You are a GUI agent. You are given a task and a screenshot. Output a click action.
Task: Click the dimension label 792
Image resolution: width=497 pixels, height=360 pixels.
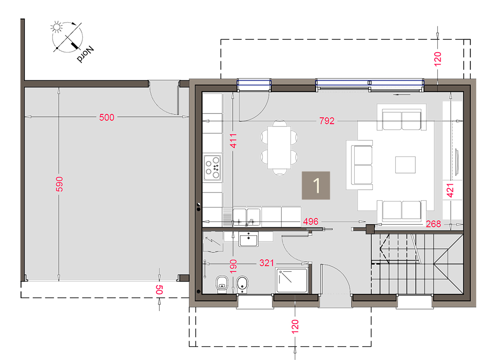[327, 120]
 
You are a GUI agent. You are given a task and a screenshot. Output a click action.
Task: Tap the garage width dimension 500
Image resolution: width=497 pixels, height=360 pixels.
[107, 118]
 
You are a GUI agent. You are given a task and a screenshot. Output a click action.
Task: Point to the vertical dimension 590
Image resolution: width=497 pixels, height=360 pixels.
[59, 184]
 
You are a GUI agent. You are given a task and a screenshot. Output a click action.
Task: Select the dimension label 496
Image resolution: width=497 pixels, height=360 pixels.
[310, 222]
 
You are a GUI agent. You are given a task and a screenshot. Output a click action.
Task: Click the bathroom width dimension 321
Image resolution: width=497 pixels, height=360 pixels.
[267, 263]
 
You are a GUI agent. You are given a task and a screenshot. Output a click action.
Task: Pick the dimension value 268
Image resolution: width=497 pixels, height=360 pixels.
[433, 224]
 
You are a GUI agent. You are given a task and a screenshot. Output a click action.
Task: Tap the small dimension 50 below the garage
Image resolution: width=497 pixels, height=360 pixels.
[159, 290]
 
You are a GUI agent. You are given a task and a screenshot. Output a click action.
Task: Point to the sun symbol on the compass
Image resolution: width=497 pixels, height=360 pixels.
[56, 27]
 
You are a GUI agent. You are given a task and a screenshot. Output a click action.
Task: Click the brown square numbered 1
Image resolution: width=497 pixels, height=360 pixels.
[315, 186]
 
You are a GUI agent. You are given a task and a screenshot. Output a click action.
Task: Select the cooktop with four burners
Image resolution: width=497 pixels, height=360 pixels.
[212, 168]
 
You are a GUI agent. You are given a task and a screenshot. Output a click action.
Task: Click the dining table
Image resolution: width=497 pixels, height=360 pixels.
[279, 148]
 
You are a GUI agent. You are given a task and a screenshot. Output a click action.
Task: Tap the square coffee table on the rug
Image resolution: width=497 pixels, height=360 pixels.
[406, 165]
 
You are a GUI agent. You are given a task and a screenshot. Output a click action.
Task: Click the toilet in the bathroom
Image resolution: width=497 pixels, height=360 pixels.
[222, 283]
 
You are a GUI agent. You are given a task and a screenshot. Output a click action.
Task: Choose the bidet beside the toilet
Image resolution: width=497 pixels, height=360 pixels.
[242, 284]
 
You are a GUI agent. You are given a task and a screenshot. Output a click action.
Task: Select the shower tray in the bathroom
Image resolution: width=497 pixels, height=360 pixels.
[292, 280]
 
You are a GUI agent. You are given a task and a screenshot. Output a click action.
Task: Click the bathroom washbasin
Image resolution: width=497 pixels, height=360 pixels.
[248, 239]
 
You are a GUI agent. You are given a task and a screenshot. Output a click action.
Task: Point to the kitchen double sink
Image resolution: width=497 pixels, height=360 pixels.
[247, 217]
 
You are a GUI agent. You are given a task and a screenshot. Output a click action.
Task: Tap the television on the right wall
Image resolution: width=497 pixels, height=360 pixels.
[456, 162]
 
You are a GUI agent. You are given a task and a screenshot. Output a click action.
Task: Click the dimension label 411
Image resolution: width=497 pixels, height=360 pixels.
[233, 141]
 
